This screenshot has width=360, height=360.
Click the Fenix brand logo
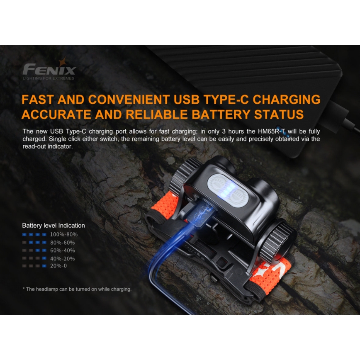tap(49, 69)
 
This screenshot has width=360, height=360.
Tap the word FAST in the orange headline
tap(38, 100)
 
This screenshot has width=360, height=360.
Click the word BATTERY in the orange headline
tap(201, 115)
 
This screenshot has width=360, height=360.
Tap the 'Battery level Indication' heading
tap(54, 226)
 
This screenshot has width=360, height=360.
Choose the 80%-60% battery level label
tap(63, 242)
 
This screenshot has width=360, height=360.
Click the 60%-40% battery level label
tap(63, 250)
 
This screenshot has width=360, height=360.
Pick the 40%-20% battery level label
tap(63, 258)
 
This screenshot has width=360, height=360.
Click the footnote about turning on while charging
tap(77, 289)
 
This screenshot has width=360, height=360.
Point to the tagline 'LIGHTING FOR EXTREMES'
tap(49, 78)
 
